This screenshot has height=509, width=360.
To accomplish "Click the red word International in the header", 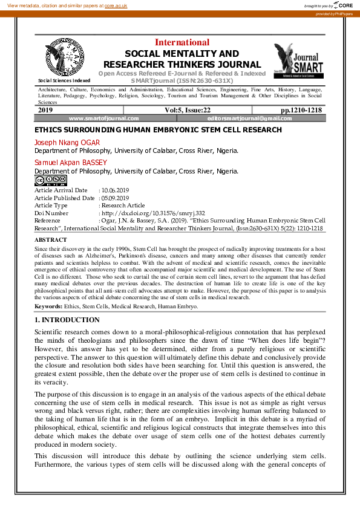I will (182, 42).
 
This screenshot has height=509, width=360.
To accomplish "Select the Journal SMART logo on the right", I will (298, 60).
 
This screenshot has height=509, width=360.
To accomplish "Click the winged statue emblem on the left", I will (64, 57).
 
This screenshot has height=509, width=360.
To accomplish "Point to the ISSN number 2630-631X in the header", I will (214, 80).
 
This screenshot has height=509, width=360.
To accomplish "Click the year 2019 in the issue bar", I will (45, 110).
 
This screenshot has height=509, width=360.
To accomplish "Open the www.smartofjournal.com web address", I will (103, 118).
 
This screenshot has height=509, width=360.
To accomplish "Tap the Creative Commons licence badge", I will (50, 180).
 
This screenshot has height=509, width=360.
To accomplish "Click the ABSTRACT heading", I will (51, 240).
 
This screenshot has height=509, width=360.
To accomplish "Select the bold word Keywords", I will (48, 307).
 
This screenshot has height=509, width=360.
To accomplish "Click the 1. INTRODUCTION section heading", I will (67, 320).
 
